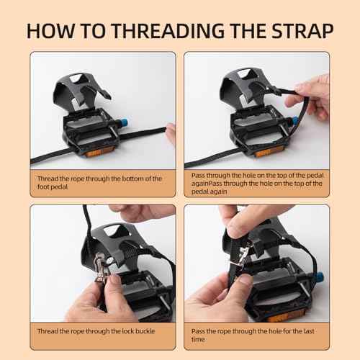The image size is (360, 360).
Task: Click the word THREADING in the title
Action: coord(168,31)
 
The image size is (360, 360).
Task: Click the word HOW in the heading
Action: coord(51,31)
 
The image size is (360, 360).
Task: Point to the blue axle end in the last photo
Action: coord(319,278)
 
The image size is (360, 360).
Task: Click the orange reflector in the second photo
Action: coord(265,152)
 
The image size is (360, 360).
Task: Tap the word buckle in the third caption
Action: coord(145,331)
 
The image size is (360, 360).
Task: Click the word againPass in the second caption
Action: coord(207,184)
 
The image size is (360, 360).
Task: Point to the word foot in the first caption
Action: coord(42,186)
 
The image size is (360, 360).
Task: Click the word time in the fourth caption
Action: coord(198,339)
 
